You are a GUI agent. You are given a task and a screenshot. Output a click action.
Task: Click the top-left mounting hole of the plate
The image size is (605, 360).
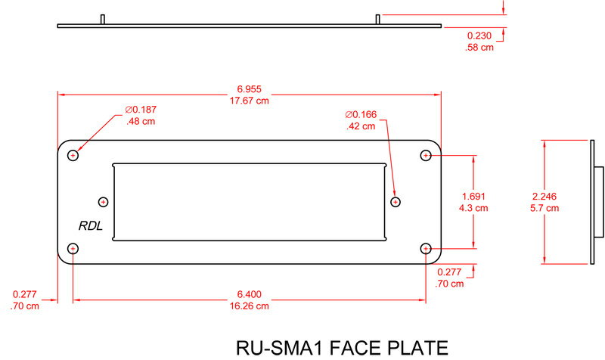pos(73,155)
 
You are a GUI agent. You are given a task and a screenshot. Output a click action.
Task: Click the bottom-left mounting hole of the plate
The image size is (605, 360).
pos(73,248)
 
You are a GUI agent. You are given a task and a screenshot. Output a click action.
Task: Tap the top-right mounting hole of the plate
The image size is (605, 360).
pos(426,155)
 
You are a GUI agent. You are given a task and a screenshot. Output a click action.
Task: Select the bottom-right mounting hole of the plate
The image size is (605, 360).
pos(426,248)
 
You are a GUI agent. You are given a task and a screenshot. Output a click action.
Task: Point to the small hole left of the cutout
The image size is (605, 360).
pos(104,201)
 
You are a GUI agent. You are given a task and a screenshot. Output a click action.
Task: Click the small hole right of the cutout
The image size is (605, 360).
pos(395,201)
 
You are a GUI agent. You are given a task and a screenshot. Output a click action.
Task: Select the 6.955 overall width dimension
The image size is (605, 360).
pos(250,89)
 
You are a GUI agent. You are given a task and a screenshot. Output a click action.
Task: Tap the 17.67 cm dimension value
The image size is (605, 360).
pos(250,101)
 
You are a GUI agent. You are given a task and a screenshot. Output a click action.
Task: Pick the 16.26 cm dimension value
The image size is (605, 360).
pos(249,306)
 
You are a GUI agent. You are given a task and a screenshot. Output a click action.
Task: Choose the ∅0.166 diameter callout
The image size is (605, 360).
pos(361,115)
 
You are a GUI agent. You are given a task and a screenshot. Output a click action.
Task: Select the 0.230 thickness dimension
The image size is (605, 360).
pos(479,36)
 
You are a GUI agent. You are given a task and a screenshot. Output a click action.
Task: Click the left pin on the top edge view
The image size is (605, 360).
pos(102,19)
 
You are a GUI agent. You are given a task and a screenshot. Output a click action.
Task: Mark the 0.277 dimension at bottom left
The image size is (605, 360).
pos(26,295)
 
